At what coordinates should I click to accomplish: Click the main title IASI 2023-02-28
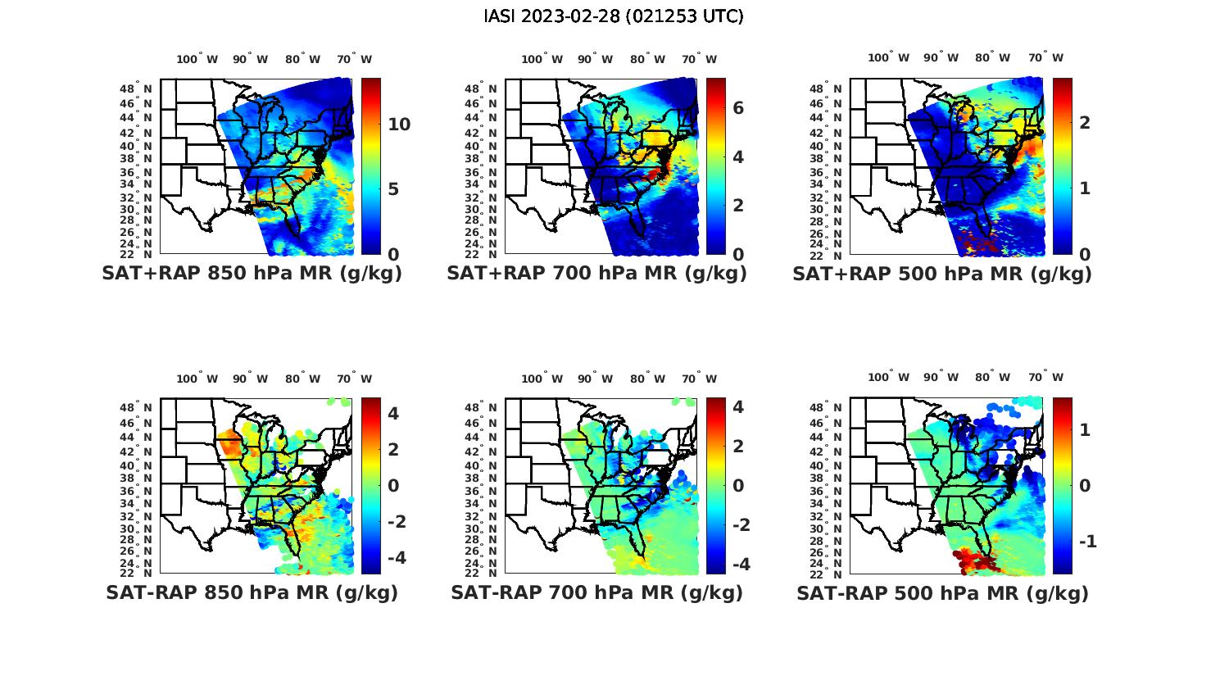(x=614, y=16)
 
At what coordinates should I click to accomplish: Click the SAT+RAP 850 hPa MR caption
(x=252, y=274)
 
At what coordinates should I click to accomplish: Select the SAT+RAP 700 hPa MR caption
(x=596, y=274)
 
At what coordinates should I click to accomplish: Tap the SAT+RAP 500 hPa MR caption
(x=942, y=274)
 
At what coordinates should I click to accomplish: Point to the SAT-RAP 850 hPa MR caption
(x=252, y=592)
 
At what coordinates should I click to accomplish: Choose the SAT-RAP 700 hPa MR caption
(x=596, y=592)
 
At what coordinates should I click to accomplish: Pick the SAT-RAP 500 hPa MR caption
(x=942, y=592)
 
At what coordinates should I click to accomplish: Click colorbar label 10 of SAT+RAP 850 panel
(x=399, y=125)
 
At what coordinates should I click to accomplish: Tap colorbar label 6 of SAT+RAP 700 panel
(x=737, y=108)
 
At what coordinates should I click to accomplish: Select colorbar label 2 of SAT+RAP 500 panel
(x=1085, y=123)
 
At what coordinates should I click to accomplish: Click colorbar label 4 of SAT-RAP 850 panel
(x=393, y=413)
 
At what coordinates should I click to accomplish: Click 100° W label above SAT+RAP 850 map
(x=197, y=59)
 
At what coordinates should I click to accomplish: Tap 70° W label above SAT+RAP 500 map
(x=1046, y=57)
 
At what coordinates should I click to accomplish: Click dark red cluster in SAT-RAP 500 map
(x=973, y=560)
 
